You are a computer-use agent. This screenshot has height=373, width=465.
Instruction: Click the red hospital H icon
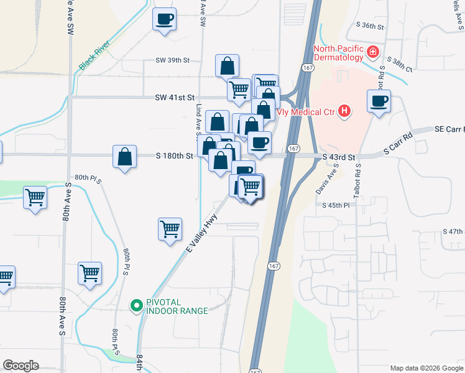point(345,112)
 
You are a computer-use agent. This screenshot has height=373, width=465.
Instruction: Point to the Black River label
point(94,56)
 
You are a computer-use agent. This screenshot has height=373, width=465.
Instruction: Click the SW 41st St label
point(175,98)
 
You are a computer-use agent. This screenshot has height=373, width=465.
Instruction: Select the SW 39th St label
point(172,61)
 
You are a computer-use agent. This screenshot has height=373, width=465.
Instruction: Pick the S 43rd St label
point(339,157)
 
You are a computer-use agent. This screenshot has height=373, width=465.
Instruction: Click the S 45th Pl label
point(336,205)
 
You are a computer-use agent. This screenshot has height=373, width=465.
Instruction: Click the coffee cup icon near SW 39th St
point(165,19)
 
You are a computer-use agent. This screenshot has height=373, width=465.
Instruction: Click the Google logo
point(21,366)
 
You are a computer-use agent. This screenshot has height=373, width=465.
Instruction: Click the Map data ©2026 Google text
point(426,368)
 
